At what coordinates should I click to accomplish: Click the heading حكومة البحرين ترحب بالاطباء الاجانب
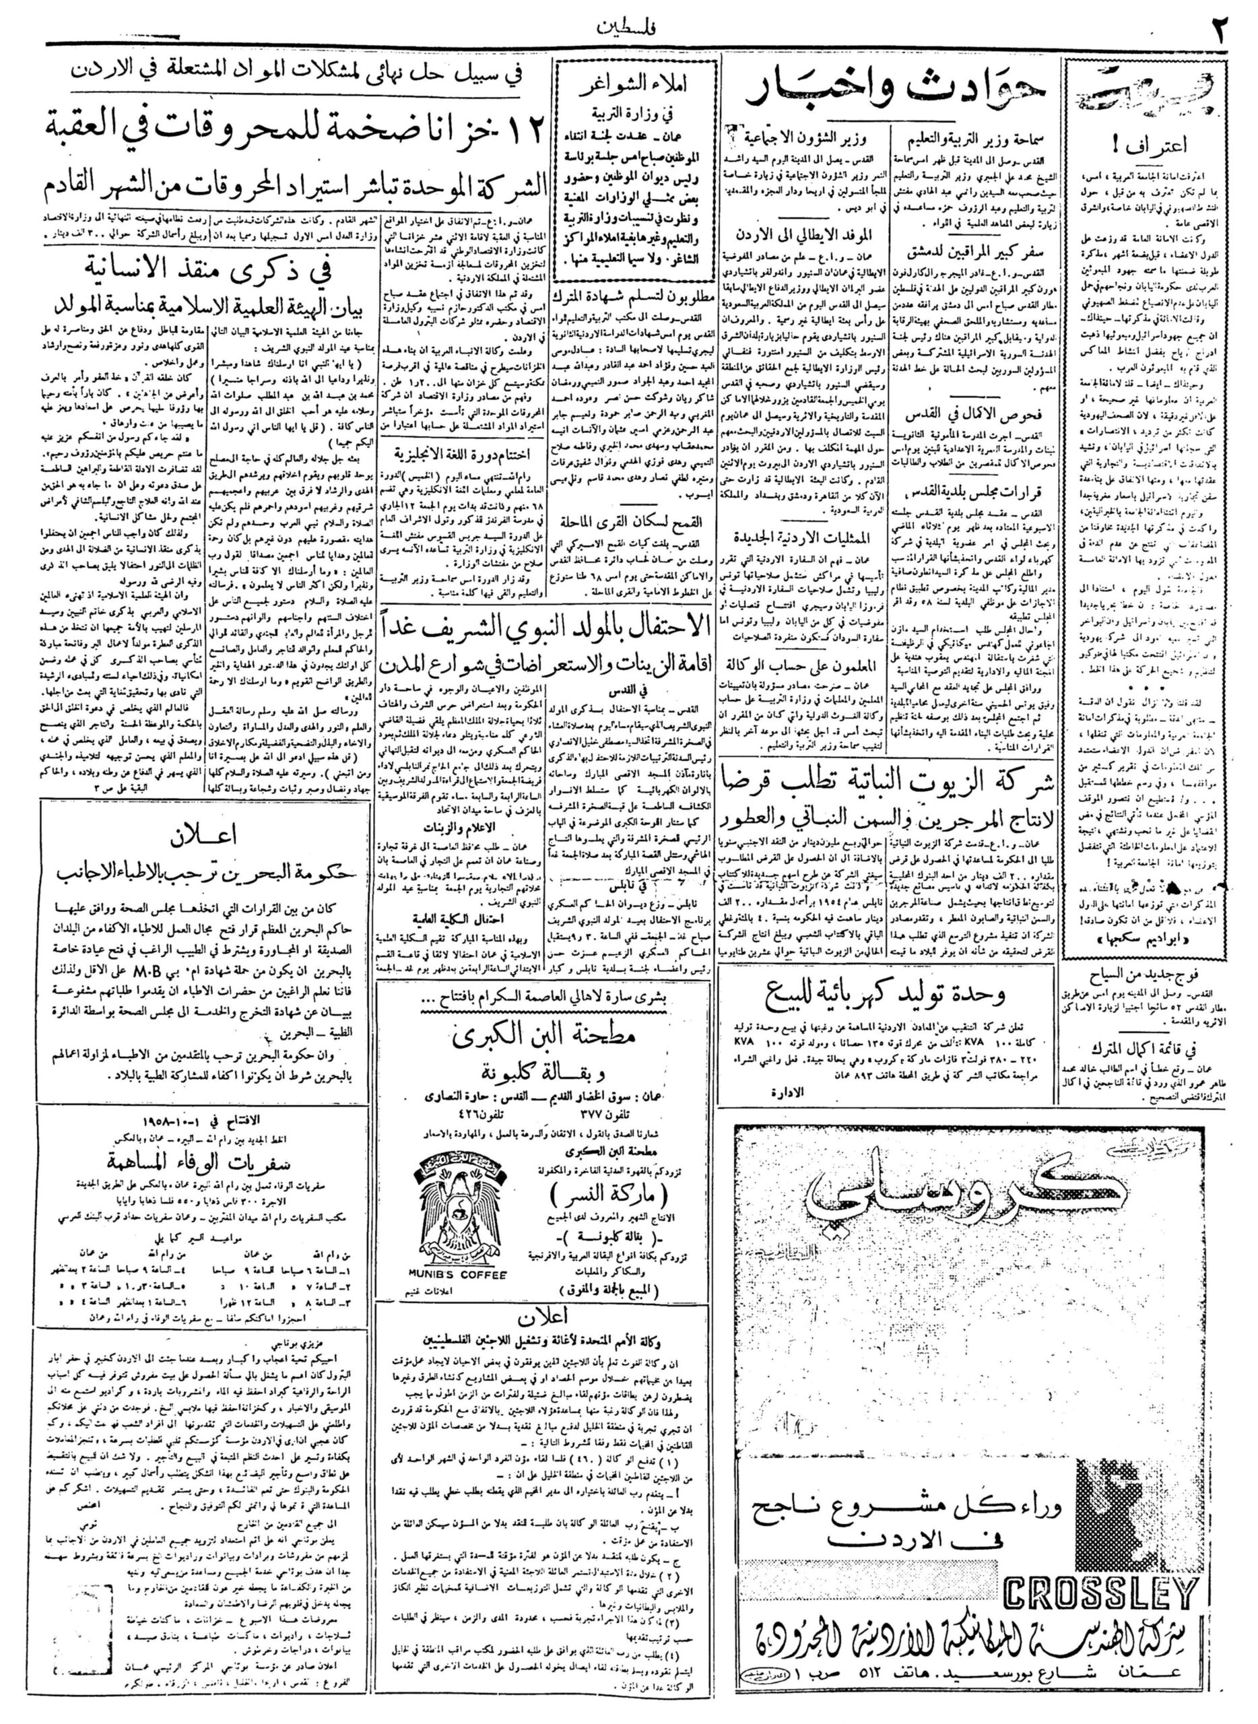[x=207, y=873]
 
